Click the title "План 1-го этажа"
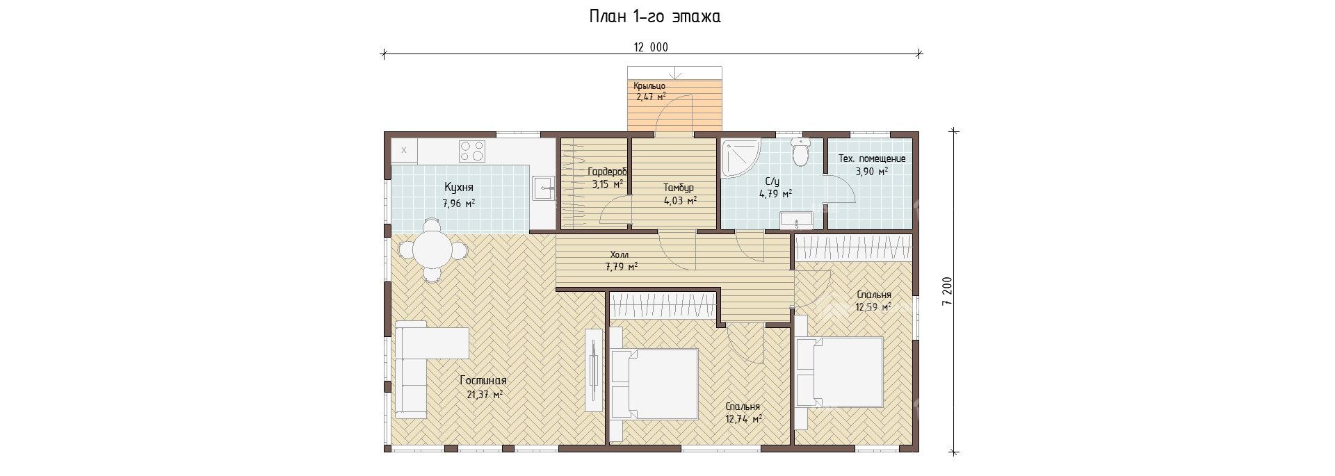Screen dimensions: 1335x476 coord(654,16)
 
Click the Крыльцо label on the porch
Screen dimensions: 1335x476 coord(649,86)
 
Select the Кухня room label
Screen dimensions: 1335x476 coord(459,188)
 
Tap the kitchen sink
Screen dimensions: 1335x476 coord(542,188)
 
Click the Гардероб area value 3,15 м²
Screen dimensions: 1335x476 coord(607,184)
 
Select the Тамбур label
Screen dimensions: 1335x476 coord(678,188)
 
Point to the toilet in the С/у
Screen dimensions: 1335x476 coord(801,152)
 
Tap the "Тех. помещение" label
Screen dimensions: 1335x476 coord(872,158)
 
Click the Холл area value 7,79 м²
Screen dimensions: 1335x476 coord(622,266)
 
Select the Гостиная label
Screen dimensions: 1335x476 coord(483,381)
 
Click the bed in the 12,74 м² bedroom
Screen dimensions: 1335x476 coord(654,384)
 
